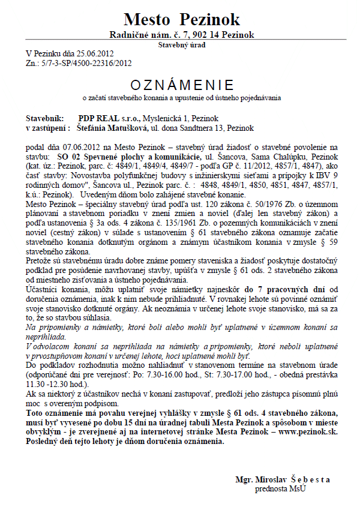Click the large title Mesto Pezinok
[x=182, y=19]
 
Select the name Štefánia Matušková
[x=113, y=128]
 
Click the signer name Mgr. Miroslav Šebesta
[x=283, y=479]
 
